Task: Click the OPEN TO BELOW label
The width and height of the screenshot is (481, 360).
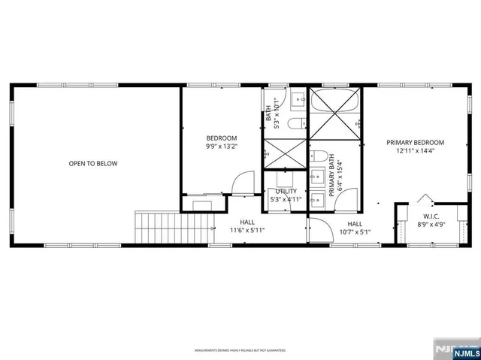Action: tap(93, 163)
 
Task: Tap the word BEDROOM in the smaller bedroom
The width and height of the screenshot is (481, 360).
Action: tap(222, 138)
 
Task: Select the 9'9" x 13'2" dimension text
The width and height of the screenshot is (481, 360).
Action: tap(222, 147)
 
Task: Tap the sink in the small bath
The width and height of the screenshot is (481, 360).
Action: tap(297, 98)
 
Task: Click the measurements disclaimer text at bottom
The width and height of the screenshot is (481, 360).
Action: tap(240, 350)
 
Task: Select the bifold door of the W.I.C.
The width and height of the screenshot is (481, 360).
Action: tap(426, 199)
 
